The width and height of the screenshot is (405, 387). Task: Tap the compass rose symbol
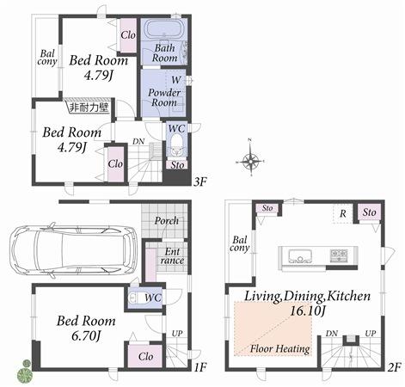click(250, 160)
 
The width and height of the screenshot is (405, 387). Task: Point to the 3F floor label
click(200, 181)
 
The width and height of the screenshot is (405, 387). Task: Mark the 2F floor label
click(395, 367)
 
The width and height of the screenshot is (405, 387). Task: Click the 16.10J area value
click(307, 312)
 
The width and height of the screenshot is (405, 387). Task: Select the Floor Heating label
click(279, 349)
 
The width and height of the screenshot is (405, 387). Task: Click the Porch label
click(167, 221)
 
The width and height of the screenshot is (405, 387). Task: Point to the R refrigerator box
click(343, 213)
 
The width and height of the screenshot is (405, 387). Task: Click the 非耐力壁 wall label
click(89, 108)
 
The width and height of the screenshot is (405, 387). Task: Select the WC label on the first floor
click(153, 298)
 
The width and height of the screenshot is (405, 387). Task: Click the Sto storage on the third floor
click(177, 164)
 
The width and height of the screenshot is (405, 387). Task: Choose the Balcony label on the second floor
click(239, 243)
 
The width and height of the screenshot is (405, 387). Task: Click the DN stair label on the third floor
click(139, 143)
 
